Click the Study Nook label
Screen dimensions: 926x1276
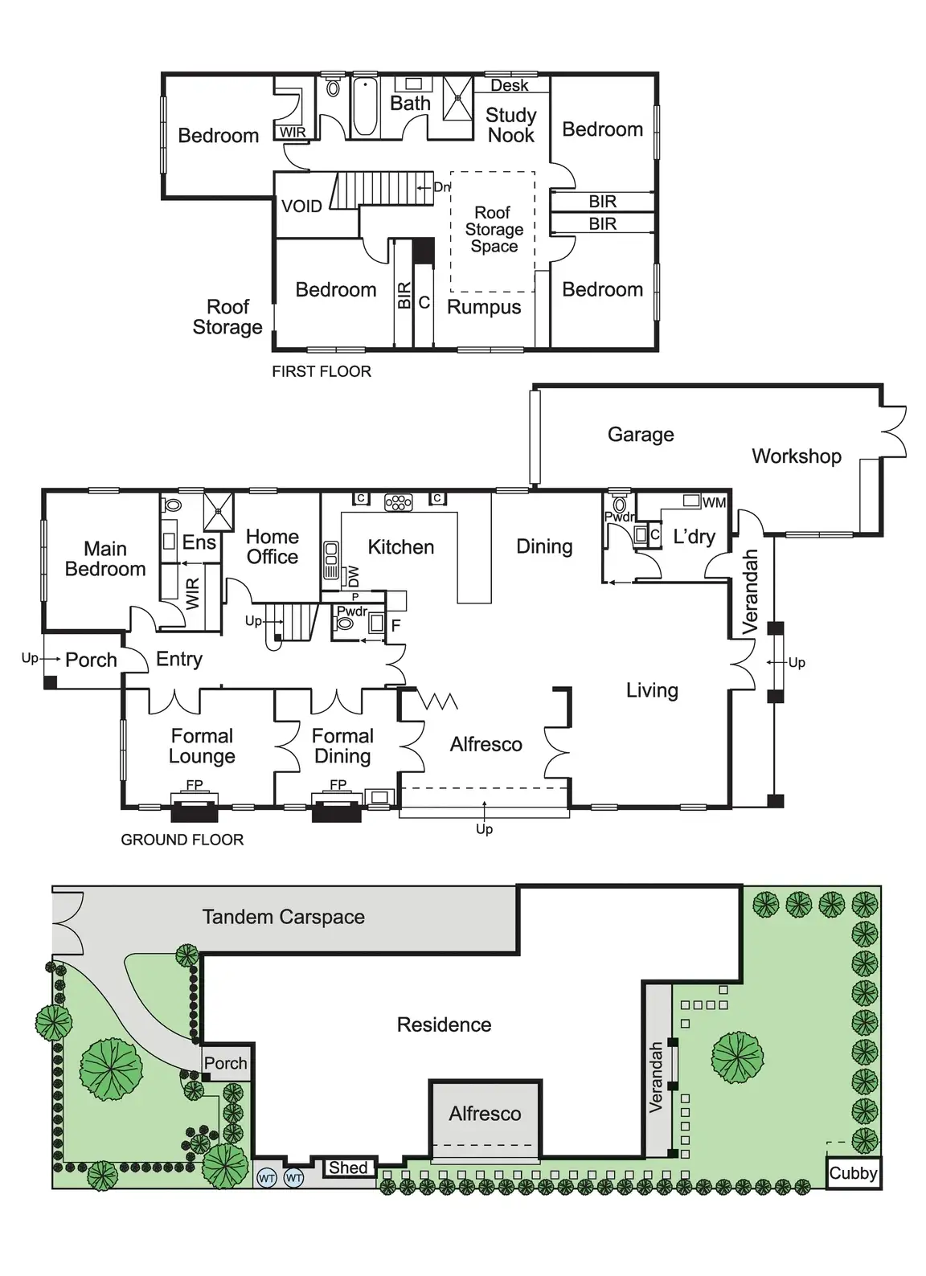coord(510,125)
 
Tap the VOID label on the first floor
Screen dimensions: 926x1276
coord(301,207)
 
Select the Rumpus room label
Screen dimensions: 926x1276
coord(484,307)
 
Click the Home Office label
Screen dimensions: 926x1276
coord(272,546)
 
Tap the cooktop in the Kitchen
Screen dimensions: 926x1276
coord(399,502)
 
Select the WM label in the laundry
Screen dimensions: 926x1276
coord(714,502)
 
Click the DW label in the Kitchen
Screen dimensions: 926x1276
coord(354,576)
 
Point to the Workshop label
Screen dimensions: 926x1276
coord(796,456)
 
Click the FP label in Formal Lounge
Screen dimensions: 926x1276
coord(195,784)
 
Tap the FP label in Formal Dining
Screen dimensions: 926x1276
coord(338,784)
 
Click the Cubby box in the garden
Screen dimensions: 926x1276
coord(853,1173)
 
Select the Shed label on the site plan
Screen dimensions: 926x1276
coord(347,1168)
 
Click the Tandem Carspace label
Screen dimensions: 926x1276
coord(283,917)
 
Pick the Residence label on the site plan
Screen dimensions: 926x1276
coord(444,1024)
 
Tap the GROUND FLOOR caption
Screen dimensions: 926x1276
coord(182,840)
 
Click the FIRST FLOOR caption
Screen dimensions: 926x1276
coord(322,371)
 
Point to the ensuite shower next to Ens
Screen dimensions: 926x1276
coord(219,511)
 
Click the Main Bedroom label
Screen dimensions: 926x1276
coord(105,558)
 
